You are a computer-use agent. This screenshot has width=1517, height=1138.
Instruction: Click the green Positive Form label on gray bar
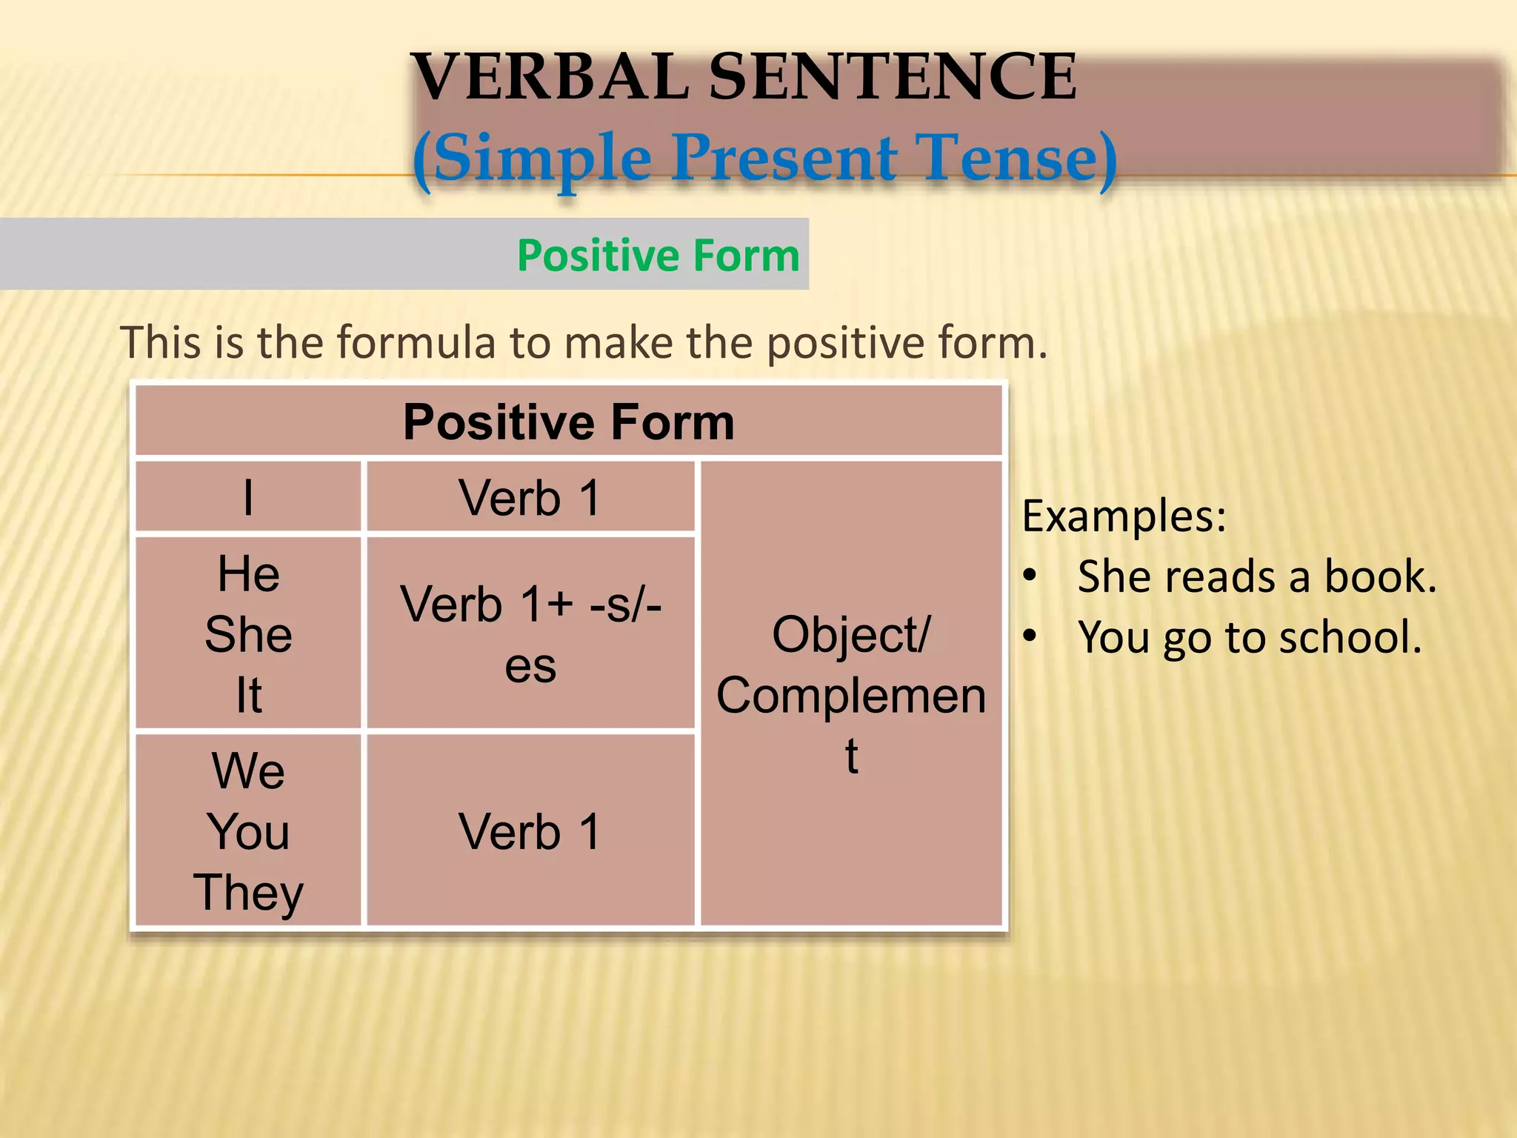pos(658,256)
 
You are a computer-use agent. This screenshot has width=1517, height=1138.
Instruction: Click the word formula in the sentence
pos(416,343)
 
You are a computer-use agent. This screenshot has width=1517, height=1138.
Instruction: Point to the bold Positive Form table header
pos(568,422)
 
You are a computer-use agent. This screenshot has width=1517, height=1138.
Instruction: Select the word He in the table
pos(248,574)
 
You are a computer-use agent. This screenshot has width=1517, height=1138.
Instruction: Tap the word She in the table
pos(248,635)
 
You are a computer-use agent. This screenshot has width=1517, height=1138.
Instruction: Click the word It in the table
pos(248,695)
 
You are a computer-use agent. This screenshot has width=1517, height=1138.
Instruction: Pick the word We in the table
pos(248,771)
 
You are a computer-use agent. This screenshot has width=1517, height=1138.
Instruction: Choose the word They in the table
pos(248,893)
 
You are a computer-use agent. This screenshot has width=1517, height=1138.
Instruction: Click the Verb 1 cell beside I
pos(530,497)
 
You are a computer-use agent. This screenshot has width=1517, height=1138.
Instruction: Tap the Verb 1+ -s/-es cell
pos(530,634)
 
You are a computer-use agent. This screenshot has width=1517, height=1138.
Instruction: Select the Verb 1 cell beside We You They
pos(530,831)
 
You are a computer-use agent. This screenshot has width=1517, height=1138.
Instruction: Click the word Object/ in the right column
pos(851,635)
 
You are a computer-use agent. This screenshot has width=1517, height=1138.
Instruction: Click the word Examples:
pos(1124,516)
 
